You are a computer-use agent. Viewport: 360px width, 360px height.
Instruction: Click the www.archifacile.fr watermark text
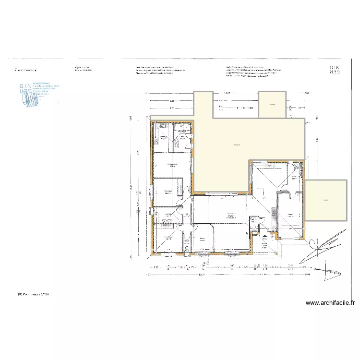[x=330, y=303]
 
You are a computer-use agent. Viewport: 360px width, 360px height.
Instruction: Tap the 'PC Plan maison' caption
[x=33, y=293]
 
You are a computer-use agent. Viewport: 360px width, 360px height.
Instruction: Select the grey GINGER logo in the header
[x=335, y=71]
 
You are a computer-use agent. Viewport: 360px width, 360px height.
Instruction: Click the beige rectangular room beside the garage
[x=326, y=200]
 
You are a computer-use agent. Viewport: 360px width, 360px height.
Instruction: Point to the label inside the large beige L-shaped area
[x=236, y=145]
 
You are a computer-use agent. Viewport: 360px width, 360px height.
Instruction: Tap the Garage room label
[x=290, y=215]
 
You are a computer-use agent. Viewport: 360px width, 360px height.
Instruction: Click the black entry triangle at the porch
[x=264, y=236]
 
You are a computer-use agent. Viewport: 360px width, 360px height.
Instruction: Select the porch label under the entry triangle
[x=264, y=244]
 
